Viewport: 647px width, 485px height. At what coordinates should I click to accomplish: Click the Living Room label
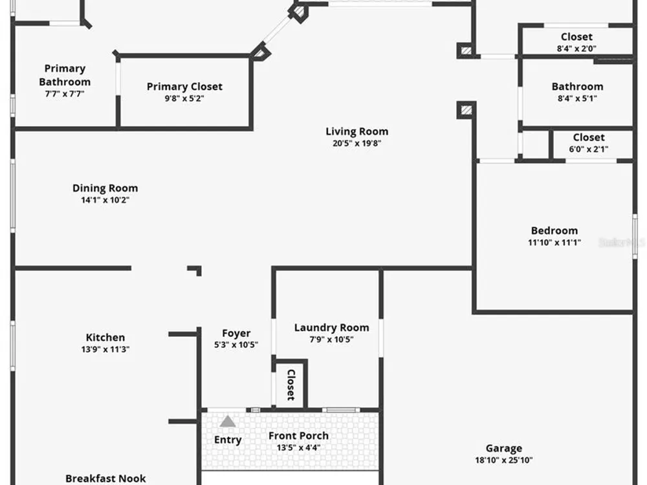tap(357, 131)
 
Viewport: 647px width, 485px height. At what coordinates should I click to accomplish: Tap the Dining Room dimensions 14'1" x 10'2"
tap(105, 200)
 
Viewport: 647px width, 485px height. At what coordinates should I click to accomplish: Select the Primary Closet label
tap(184, 87)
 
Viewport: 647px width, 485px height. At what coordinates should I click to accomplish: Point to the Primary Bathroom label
tap(65, 75)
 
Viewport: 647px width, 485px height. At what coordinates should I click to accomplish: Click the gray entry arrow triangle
tap(227, 422)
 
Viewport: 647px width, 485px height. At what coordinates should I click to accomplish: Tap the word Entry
tap(228, 440)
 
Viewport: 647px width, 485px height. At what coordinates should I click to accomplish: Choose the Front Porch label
tap(299, 436)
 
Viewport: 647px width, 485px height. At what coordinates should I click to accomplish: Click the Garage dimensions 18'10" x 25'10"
tap(504, 460)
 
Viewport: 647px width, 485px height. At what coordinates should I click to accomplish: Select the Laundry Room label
tap(332, 328)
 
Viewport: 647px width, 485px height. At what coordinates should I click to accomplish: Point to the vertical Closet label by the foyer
tap(291, 385)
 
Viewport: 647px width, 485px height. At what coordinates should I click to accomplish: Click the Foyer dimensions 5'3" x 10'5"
tap(236, 345)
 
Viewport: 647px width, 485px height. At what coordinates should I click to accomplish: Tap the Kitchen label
tap(105, 338)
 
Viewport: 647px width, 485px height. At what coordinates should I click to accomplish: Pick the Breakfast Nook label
tap(105, 479)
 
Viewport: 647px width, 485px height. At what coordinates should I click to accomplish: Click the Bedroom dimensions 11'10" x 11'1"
tap(554, 242)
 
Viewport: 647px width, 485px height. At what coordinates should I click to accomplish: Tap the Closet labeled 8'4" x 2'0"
tap(577, 43)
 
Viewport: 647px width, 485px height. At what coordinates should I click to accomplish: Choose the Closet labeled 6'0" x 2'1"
tap(589, 143)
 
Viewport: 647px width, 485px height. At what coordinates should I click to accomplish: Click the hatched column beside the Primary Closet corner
tap(261, 52)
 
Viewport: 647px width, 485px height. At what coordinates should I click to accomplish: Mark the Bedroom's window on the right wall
tap(635, 236)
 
